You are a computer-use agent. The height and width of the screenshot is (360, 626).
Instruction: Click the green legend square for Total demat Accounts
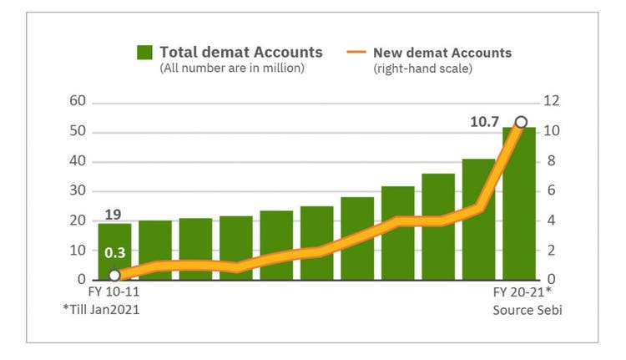click(x=146, y=53)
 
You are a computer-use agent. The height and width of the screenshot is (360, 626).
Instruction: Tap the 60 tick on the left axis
click(x=77, y=102)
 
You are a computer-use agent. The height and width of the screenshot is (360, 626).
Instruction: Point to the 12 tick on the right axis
click(x=553, y=102)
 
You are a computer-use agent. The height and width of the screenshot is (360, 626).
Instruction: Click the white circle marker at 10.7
click(x=521, y=122)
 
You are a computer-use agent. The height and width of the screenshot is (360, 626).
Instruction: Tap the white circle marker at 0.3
click(x=114, y=275)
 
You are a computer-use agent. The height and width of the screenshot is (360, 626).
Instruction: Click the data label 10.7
click(x=484, y=122)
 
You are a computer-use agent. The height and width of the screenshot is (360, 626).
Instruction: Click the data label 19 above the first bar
click(x=114, y=213)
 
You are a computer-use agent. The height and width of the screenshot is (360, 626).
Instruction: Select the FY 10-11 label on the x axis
click(x=114, y=294)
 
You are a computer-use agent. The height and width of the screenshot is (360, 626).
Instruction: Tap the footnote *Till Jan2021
click(x=101, y=312)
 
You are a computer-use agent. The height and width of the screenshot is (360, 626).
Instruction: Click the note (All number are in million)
click(x=232, y=68)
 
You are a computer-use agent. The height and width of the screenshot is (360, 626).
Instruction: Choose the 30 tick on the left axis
click(x=77, y=190)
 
